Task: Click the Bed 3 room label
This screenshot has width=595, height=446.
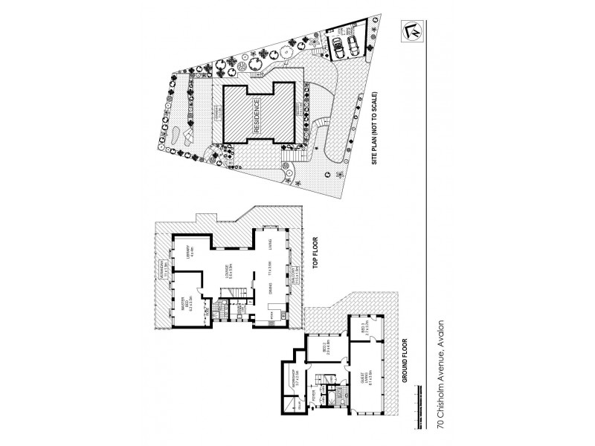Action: pos(364,328)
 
